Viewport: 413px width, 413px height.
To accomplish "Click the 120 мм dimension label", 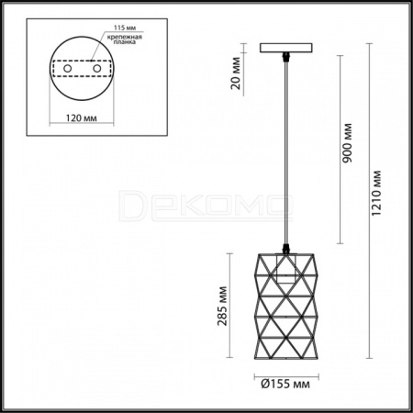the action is pos(82,117).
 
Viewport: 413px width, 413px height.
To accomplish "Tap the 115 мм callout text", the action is pos(125,28).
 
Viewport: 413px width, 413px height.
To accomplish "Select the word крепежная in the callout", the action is pos(124,38).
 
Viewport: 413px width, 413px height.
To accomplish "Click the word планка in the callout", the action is pos(125,42).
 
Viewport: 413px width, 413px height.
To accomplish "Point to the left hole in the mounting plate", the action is pos(67,69).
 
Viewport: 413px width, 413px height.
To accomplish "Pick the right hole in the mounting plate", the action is pos(97,69).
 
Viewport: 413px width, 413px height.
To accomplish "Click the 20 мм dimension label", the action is pos(236,73).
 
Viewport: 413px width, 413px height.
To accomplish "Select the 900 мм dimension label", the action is pos(347,143).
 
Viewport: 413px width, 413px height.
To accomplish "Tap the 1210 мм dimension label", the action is pos(376,193).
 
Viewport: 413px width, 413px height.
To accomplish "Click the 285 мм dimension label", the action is pos(222,306).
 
